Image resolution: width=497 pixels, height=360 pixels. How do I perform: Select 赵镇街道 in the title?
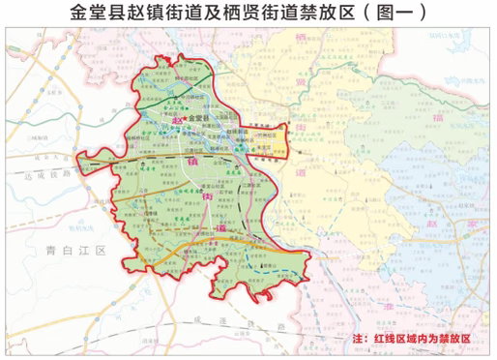pos(165,13)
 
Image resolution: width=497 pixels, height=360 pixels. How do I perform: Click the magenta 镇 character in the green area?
pos(206,165)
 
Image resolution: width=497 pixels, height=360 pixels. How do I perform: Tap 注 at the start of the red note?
pos(362,341)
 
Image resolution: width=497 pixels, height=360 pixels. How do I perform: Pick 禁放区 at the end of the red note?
pos(451,341)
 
